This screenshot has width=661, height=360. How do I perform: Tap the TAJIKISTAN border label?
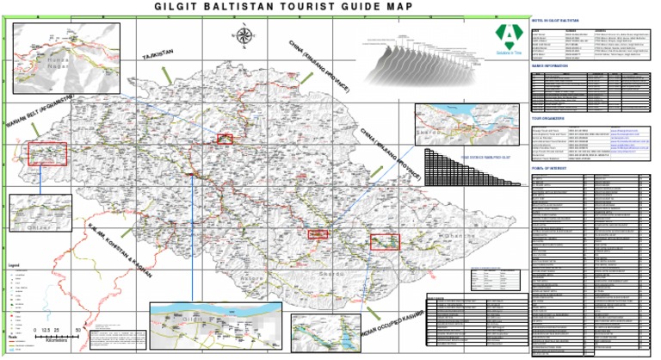[158, 55]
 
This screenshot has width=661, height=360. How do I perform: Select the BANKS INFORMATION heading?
[550, 65]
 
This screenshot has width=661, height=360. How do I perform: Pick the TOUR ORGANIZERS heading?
[547, 117]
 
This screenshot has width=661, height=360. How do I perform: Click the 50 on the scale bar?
[78, 330]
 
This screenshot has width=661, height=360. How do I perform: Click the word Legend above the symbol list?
[14, 264]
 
